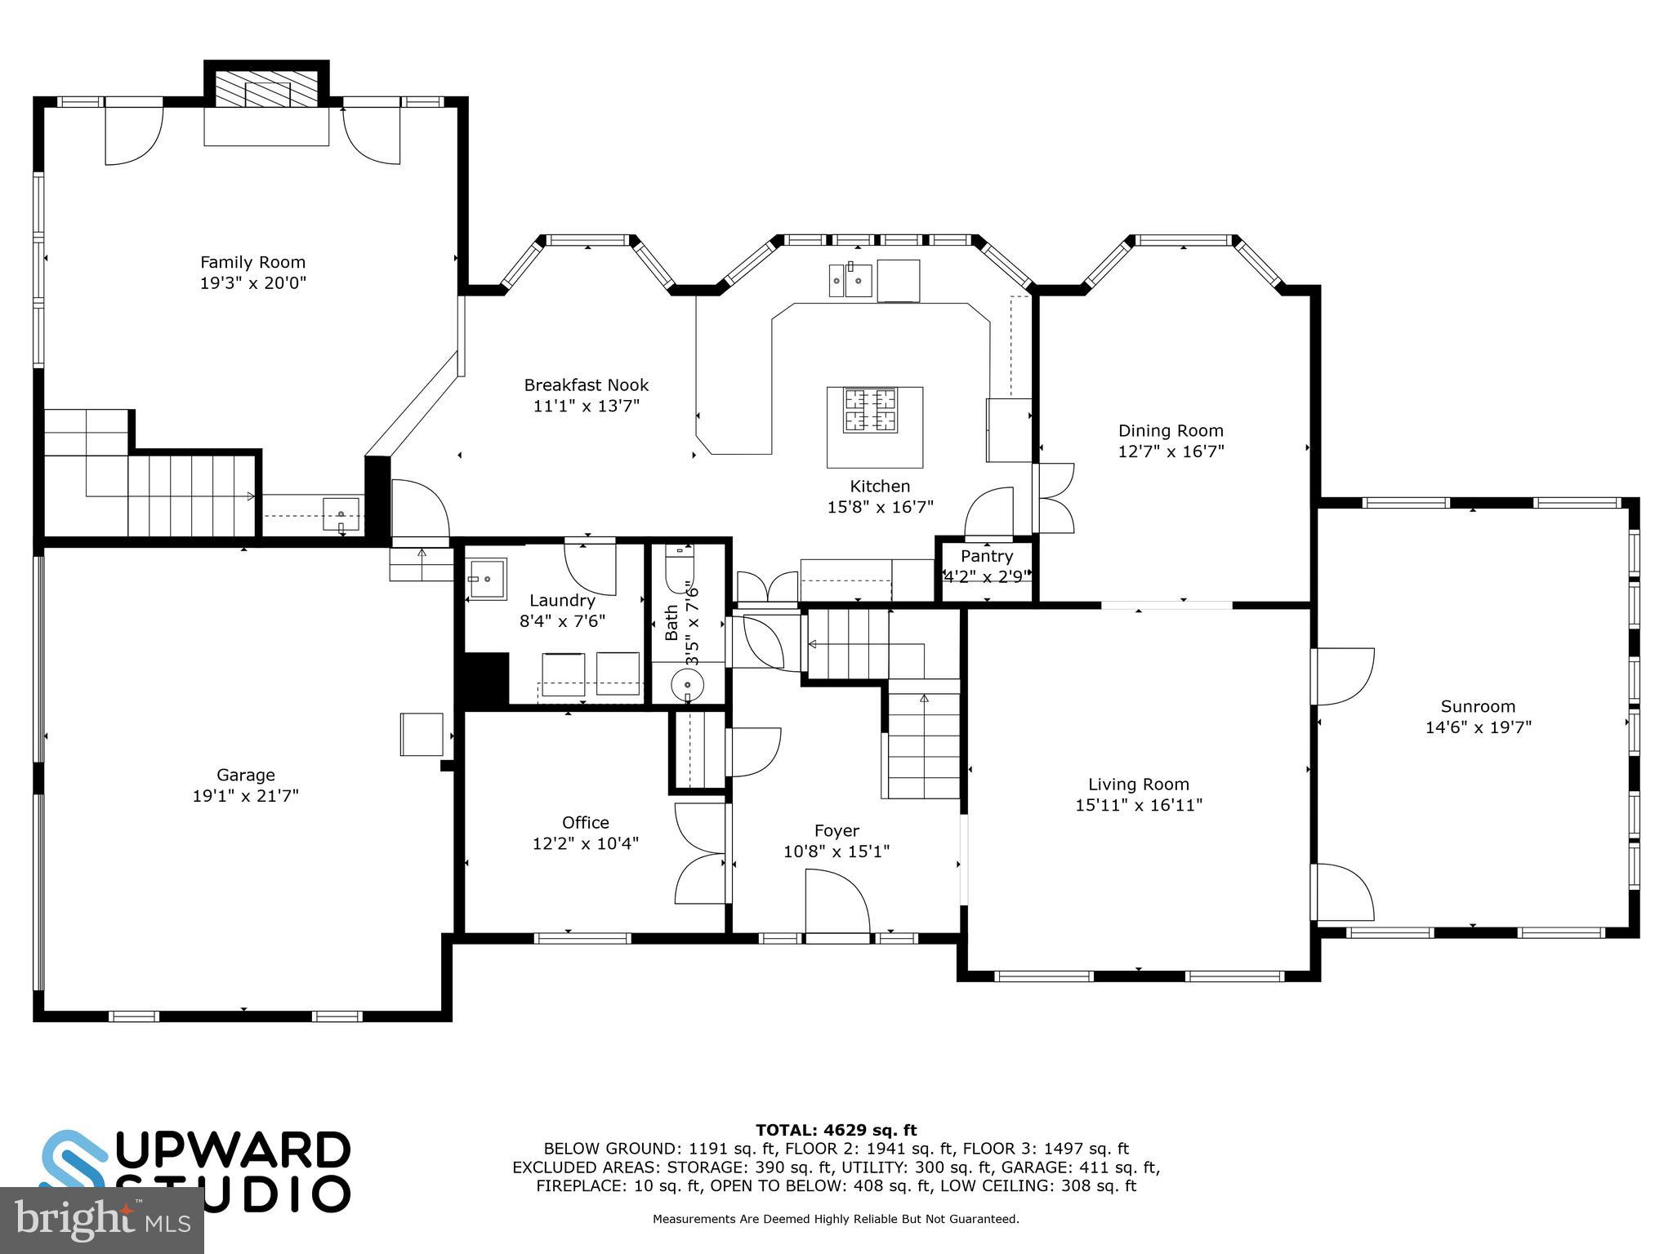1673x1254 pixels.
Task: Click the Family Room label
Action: (x=253, y=262)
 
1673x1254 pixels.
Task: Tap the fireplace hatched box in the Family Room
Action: (x=266, y=87)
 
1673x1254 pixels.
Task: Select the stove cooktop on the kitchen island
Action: (x=870, y=410)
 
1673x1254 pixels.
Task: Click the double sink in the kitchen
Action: (x=850, y=280)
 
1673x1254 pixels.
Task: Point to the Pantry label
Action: (x=987, y=556)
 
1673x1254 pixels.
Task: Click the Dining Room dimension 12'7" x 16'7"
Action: (x=1171, y=451)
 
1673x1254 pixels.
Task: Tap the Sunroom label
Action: (x=1478, y=706)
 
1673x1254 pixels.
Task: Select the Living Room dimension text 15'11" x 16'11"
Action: (x=1139, y=806)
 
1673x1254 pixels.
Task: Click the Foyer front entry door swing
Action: (x=837, y=901)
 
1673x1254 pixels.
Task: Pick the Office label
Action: (x=586, y=822)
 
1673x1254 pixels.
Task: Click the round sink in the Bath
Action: (x=688, y=684)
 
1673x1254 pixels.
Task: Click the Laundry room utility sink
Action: (x=487, y=579)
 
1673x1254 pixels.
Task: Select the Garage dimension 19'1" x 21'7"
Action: (x=246, y=796)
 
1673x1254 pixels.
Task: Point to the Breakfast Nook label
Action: (x=587, y=385)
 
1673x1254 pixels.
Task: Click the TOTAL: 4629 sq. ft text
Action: (x=836, y=1130)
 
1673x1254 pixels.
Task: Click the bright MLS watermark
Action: (x=102, y=1221)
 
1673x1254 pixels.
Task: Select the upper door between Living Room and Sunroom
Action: (x=1344, y=676)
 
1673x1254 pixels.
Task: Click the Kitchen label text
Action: (x=880, y=486)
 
